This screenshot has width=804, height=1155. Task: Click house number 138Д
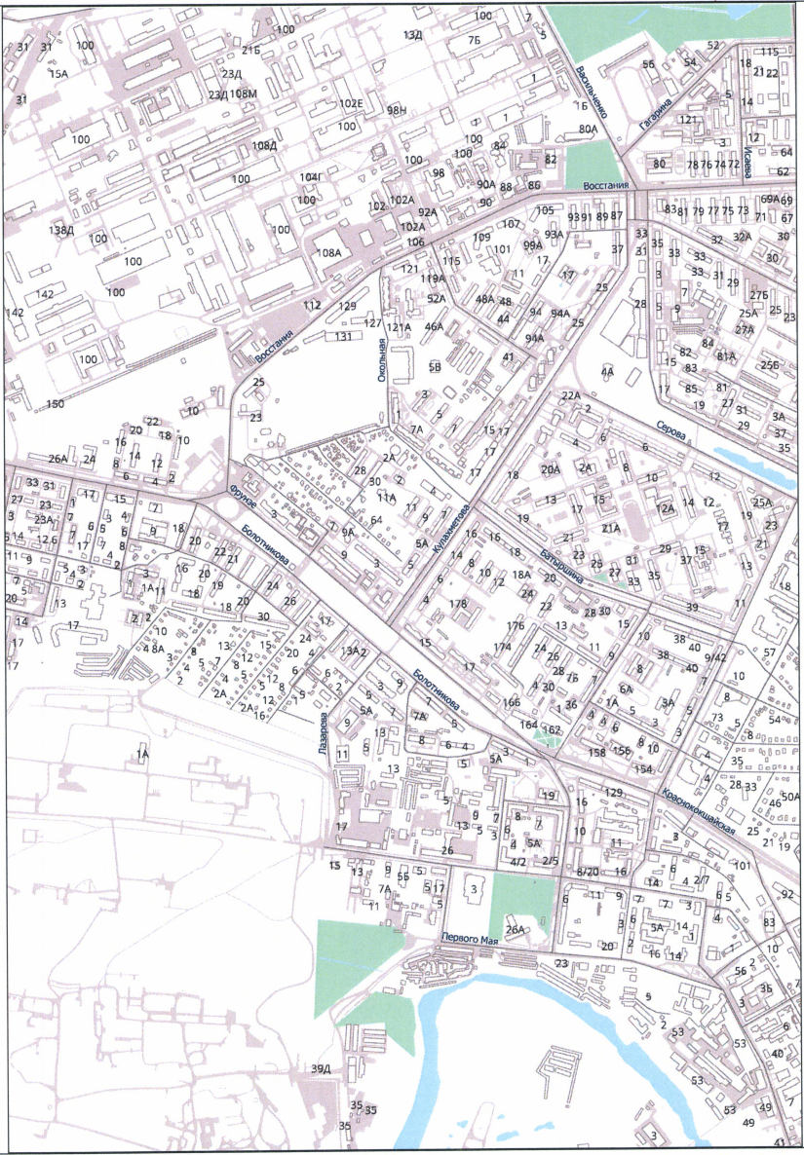pos(61,230)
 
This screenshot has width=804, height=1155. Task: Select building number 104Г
pos(310,177)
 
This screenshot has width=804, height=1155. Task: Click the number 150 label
pos(55,403)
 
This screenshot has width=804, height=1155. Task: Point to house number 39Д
pos(321,1069)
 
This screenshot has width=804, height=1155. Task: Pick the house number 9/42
pos(716,657)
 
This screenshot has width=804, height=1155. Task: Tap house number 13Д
pos(412,36)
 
